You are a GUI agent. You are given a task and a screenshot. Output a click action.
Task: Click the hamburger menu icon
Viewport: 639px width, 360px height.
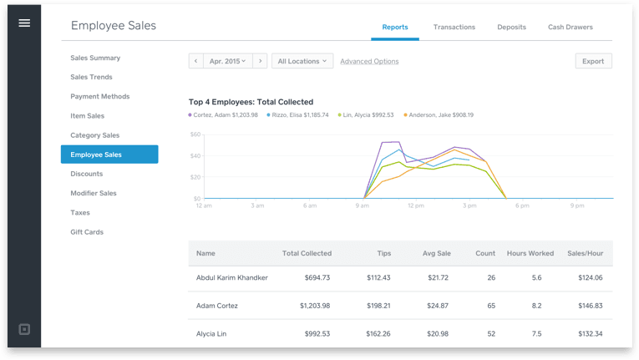point(24,23)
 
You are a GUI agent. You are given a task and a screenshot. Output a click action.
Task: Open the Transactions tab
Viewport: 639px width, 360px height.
point(454,28)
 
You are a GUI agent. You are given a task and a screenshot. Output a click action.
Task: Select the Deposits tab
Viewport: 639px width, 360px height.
point(511,28)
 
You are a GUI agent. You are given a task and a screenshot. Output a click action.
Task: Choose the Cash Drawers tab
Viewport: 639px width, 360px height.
point(570,28)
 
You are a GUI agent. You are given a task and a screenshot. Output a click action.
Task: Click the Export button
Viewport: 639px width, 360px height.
point(593,61)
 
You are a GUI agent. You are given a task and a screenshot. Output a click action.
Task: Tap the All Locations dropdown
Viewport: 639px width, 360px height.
point(302,61)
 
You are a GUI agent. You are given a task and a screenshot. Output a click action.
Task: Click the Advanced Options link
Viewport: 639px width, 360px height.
point(369,61)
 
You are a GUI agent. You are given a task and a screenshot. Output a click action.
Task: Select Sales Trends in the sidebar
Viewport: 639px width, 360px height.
point(91,77)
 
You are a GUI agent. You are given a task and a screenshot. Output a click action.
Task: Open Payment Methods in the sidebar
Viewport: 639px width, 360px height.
point(99,96)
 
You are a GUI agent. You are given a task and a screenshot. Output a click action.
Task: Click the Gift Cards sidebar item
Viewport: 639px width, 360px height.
point(87,231)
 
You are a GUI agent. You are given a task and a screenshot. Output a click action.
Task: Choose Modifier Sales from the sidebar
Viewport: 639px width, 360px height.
point(94,193)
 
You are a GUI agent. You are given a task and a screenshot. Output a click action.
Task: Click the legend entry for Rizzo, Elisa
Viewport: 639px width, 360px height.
point(297,115)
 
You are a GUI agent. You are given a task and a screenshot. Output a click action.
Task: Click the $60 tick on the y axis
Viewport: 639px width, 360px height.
point(195,134)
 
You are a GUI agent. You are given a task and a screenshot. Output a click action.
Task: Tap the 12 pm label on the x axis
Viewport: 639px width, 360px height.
point(417,205)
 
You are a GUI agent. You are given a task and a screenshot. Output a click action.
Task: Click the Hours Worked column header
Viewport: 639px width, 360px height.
point(530,253)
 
